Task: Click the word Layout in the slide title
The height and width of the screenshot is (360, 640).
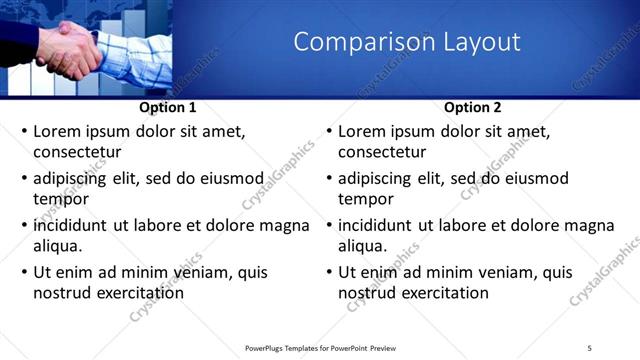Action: [x=481, y=42]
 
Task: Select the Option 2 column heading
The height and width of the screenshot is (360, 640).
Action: [x=473, y=107]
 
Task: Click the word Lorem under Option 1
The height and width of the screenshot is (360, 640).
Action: [x=59, y=131]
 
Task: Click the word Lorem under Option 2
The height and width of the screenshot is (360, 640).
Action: [x=364, y=131]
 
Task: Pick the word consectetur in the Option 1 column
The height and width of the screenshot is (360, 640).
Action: [x=77, y=152]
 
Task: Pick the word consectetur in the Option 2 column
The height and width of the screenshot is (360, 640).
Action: [x=382, y=152]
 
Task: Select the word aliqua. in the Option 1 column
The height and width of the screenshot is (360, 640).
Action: [x=57, y=245]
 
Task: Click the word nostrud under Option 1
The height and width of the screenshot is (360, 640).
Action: [x=61, y=293]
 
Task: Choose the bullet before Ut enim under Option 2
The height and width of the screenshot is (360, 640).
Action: [x=329, y=273]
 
